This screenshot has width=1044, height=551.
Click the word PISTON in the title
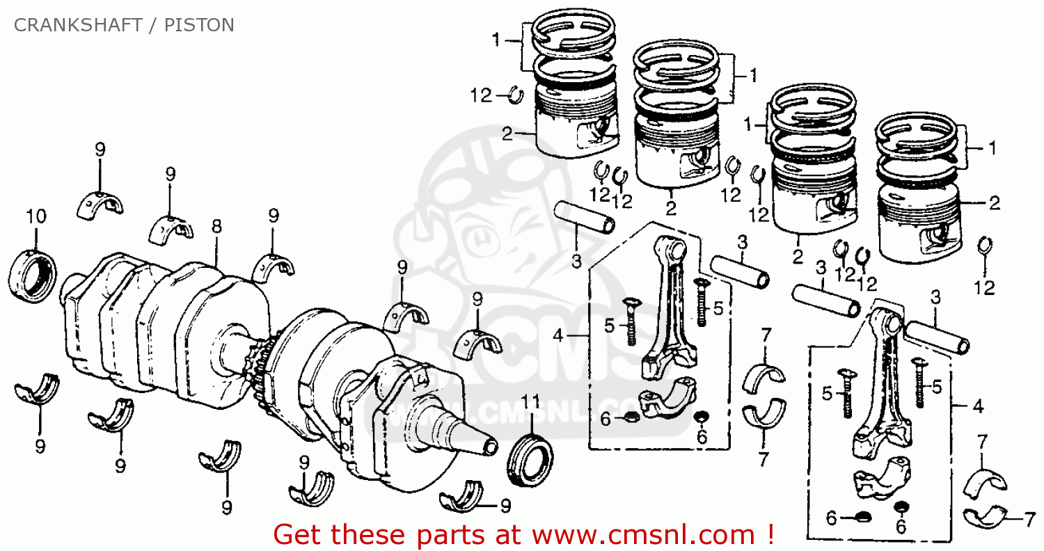(199, 25)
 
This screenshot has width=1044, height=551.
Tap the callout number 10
(36, 216)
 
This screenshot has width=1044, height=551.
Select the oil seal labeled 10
(33, 275)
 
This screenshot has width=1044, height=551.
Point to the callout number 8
(216, 227)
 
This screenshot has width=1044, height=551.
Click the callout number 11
(530, 401)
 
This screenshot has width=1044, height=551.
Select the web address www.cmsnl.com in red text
(643, 535)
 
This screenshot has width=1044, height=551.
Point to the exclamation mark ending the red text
(770, 534)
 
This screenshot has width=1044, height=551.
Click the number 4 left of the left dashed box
(558, 335)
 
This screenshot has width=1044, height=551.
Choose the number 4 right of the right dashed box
(978, 406)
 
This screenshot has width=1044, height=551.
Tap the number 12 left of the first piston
(480, 96)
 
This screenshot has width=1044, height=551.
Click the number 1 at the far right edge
(992, 149)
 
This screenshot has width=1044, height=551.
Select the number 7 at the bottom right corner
(1029, 520)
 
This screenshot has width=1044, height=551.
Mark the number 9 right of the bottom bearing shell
(506, 506)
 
